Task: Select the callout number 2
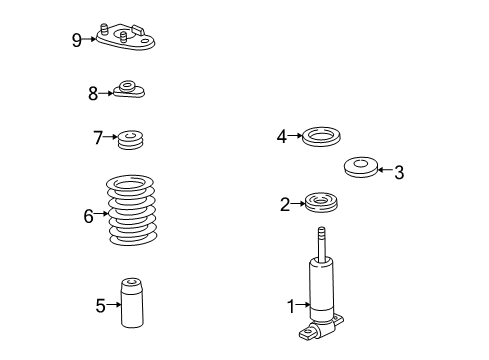[285, 205]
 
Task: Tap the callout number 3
[399, 172]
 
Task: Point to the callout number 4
[283, 136]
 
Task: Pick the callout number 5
[100, 306]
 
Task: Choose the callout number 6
[88, 215]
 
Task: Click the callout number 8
[93, 93]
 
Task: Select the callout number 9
[76, 39]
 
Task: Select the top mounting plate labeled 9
[127, 39]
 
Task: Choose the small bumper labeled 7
[129, 140]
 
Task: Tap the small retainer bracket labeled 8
[129, 90]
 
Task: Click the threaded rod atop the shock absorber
[322, 243]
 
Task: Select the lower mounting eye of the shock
[318, 328]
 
